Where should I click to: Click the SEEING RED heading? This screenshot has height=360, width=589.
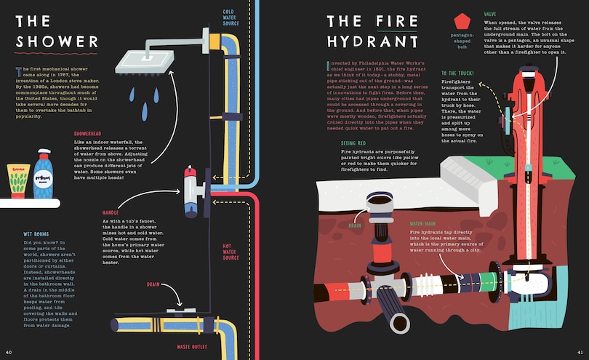click(355, 143)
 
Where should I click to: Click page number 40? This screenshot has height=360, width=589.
click(9, 353)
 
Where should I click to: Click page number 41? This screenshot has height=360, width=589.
click(580, 353)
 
